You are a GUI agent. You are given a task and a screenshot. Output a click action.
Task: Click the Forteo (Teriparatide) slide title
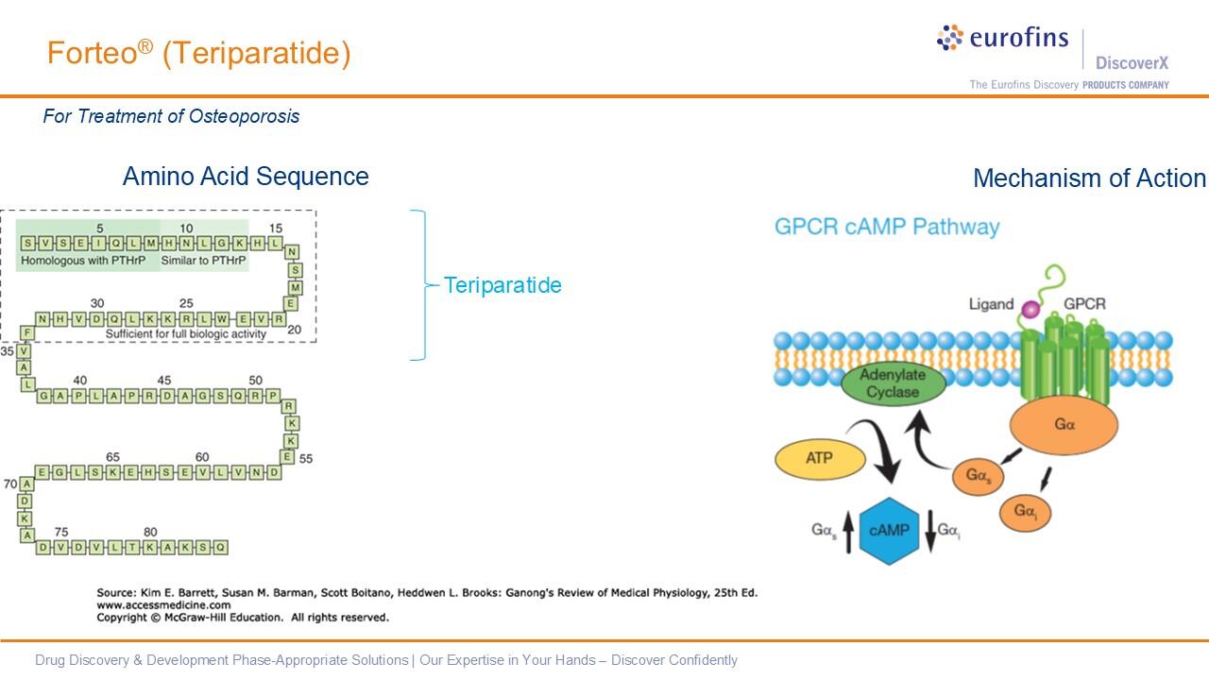pyautogui.click(x=198, y=54)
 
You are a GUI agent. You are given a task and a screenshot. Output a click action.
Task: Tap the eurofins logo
pyautogui.click(x=1002, y=39)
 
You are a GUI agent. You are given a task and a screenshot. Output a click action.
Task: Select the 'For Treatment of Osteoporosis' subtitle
pyautogui.click(x=171, y=116)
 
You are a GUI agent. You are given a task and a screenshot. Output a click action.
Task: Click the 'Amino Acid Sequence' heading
pyautogui.click(x=246, y=177)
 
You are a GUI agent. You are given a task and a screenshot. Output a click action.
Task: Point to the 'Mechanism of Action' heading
pyautogui.click(x=1089, y=178)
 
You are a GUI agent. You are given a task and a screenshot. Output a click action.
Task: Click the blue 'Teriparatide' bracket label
pyautogui.click(x=502, y=285)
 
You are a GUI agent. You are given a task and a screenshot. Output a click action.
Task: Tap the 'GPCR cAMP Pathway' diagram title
pyautogui.click(x=886, y=227)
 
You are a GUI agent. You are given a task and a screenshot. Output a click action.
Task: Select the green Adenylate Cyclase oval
pyautogui.click(x=893, y=384)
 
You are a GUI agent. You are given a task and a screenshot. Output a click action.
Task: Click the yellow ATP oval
pyautogui.click(x=819, y=460)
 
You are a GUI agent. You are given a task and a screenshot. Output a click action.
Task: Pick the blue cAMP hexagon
pyautogui.click(x=888, y=531)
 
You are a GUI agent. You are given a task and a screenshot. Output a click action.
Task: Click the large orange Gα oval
pyautogui.click(x=1064, y=425)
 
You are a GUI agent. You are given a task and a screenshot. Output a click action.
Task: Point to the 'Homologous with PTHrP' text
pyautogui.click(x=83, y=260)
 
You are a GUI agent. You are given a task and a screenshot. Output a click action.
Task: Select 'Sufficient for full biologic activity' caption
pyautogui.click(x=186, y=333)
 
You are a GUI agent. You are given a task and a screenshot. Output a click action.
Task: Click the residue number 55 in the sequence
pyautogui.click(x=305, y=459)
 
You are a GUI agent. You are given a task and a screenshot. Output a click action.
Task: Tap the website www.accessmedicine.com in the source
pyautogui.click(x=163, y=605)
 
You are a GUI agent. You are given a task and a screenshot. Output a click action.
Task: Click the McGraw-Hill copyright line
pyautogui.click(x=242, y=618)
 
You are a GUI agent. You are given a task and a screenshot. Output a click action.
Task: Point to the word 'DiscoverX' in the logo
pyautogui.click(x=1132, y=63)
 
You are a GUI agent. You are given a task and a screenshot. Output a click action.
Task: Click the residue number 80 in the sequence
pyautogui.click(x=150, y=532)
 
